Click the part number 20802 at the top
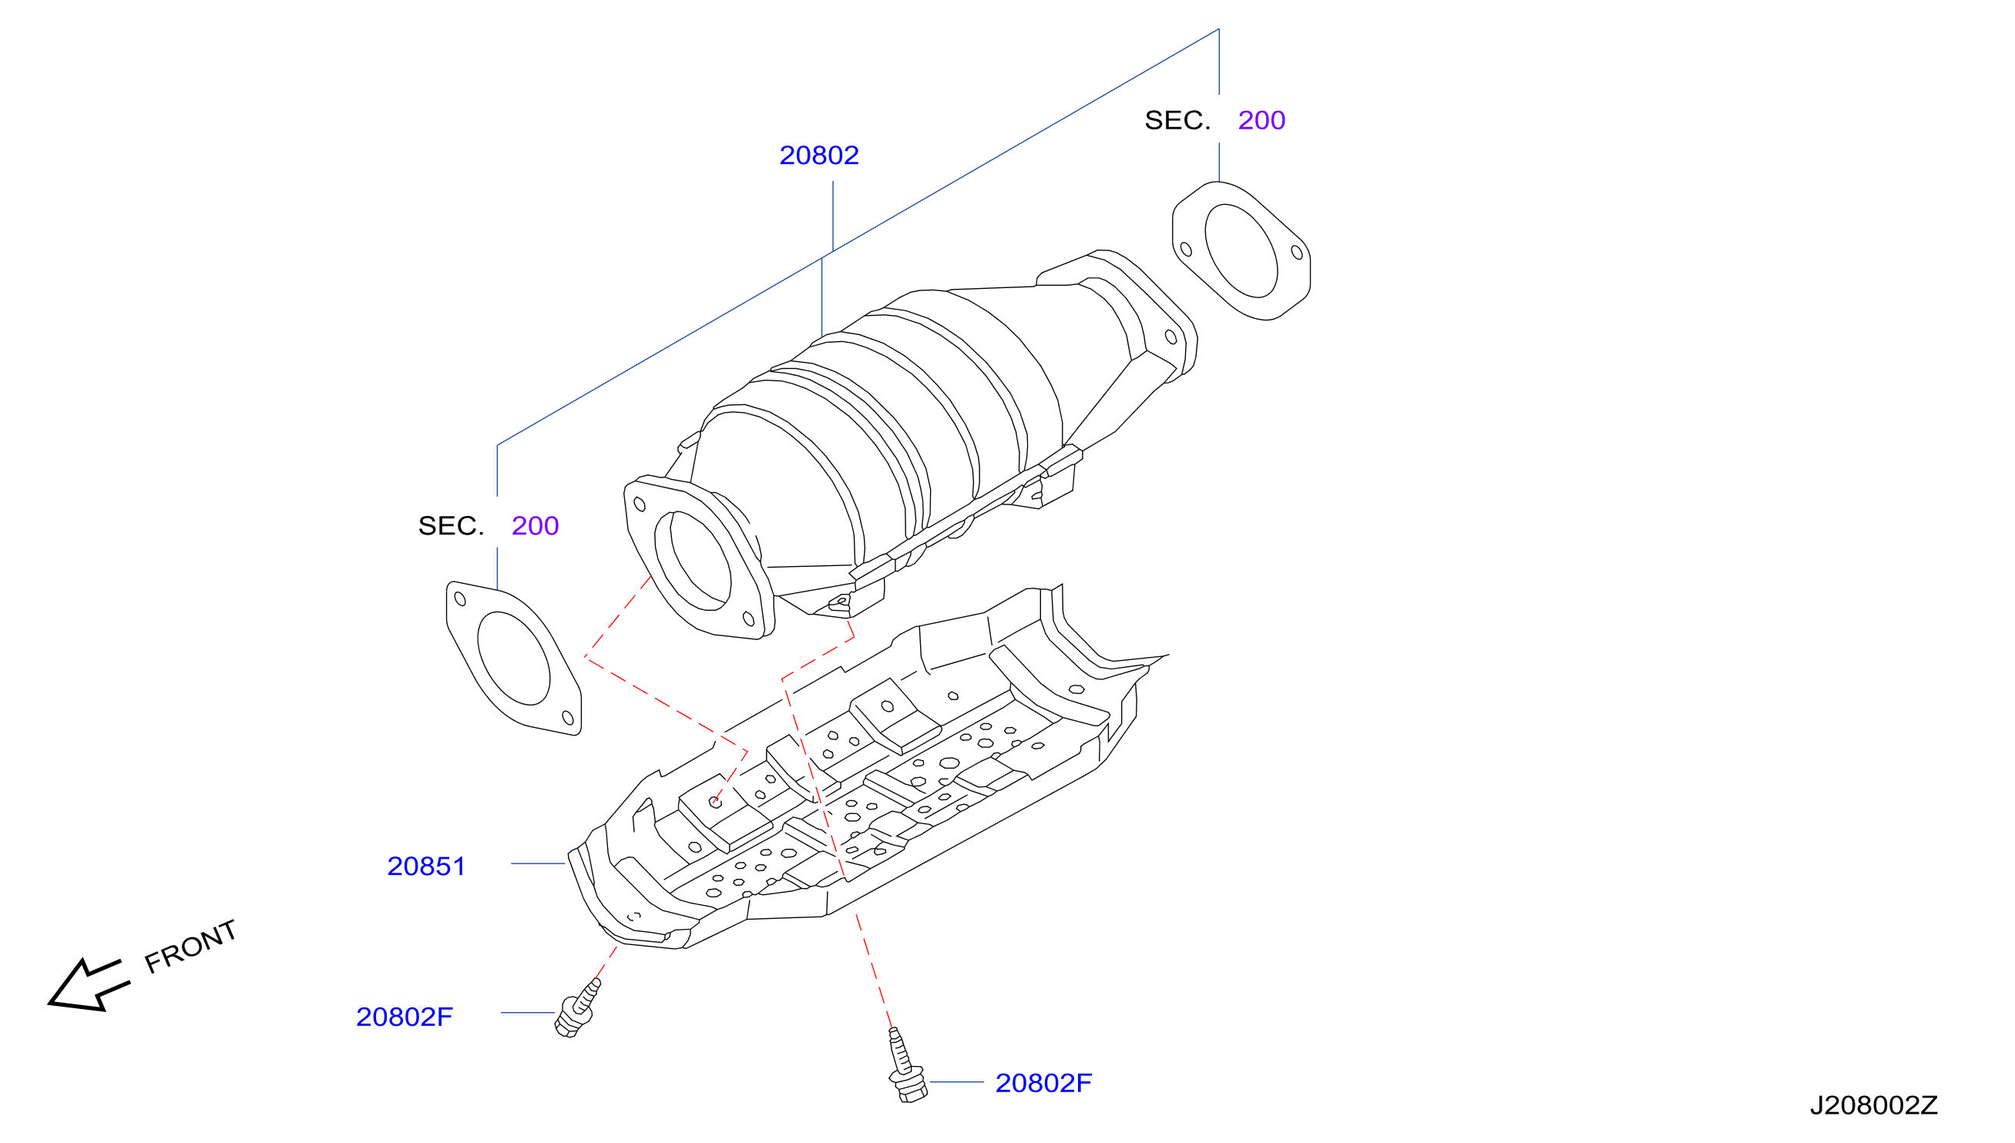818,156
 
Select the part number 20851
426,866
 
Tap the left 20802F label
405,1017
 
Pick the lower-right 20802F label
1043,1083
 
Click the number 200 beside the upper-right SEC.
1261,120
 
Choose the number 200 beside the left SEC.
535,525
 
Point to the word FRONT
191,946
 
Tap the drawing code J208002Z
1874,1105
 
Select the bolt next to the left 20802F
577,1009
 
